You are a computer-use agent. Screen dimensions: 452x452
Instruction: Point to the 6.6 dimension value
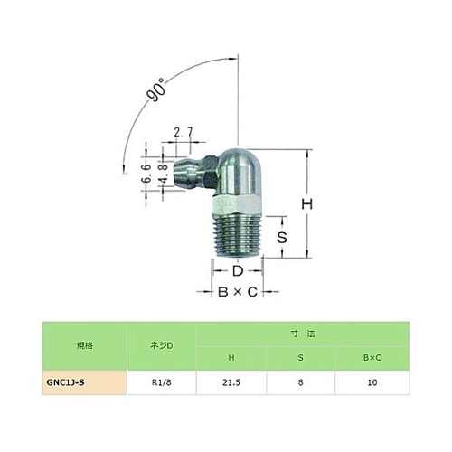pyautogui.click(x=147, y=170)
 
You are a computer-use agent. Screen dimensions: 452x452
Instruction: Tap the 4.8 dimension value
pyautogui.click(x=161, y=170)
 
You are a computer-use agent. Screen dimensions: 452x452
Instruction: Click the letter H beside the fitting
pyautogui.click(x=307, y=204)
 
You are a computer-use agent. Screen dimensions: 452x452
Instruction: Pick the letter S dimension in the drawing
pyautogui.click(x=282, y=237)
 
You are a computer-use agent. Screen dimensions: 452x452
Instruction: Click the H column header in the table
pyautogui.click(x=230, y=358)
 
